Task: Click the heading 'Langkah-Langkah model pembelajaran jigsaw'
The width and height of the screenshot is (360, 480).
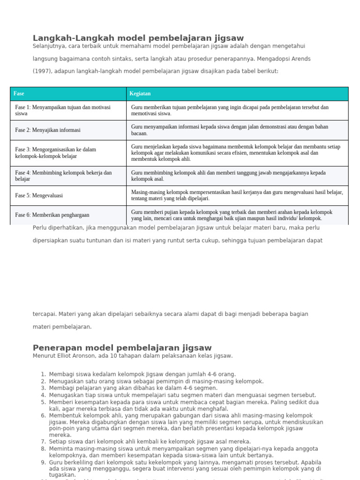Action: click(x=138, y=38)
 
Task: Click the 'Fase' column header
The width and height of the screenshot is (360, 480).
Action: click(x=19, y=94)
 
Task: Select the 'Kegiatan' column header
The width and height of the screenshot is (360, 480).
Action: click(x=140, y=94)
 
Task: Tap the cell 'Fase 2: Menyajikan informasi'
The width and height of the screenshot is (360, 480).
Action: click(x=48, y=130)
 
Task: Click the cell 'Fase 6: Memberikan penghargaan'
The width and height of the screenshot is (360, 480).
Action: click(x=52, y=215)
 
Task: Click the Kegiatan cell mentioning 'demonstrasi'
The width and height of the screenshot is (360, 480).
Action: click(x=230, y=130)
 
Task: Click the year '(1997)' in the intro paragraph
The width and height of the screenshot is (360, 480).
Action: click(x=41, y=71)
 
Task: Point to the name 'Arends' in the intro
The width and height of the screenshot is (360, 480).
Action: click(x=300, y=59)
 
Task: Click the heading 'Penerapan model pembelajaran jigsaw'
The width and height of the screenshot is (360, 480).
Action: click(x=122, y=348)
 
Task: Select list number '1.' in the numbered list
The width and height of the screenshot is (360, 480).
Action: click(x=43, y=374)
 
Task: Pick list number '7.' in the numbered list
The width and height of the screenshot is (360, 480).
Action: click(x=43, y=442)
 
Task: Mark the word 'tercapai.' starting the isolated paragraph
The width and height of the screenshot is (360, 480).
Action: click(x=45, y=314)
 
